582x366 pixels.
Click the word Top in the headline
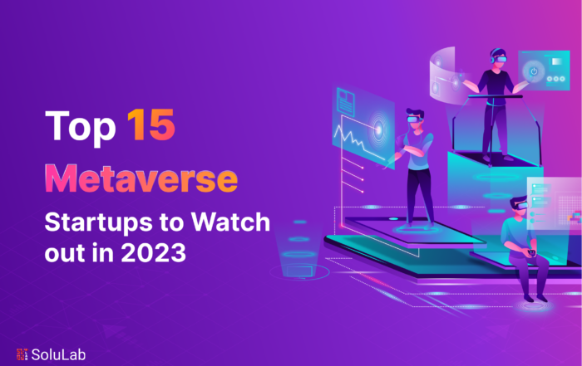[81, 127]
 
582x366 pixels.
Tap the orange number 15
[151, 124]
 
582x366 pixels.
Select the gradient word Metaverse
[141, 179]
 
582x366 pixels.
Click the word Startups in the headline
[98, 223]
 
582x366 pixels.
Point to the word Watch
[230, 222]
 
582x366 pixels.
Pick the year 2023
[153, 252]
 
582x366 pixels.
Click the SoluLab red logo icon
[22, 354]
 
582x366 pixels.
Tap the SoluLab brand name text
[58, 354]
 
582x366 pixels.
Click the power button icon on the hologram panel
[534, 71]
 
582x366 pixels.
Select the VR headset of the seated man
[520, 205]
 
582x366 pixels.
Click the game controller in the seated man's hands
[531, 252]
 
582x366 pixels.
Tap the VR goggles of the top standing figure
[501, 59]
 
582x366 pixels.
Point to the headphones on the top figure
[493, 58]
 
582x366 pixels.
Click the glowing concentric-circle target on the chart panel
[378, 129]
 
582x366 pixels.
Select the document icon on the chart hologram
[346, 100]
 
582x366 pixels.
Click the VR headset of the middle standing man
[414, 119]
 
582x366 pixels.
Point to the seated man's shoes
[535, 298]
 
